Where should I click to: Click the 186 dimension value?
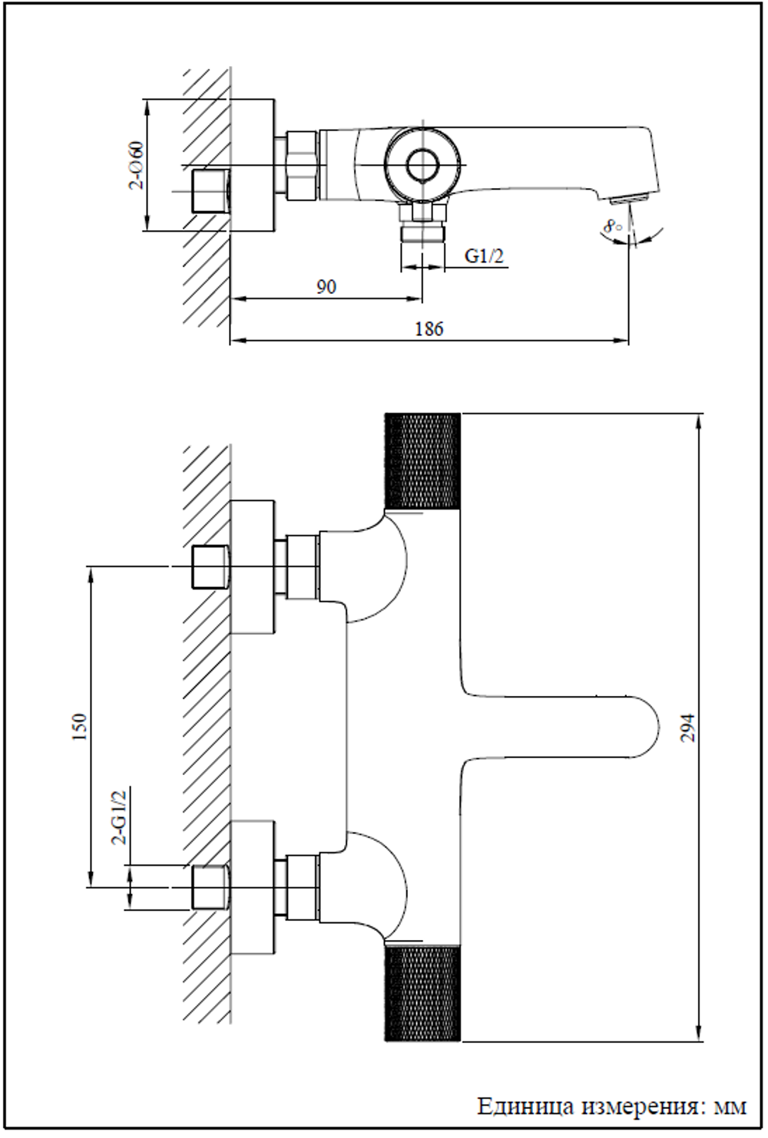[x=429, y=328]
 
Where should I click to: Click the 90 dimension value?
[x=326, y=287]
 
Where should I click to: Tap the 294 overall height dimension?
[x=688, y=727]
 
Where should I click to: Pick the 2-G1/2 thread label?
[x=119, y=817]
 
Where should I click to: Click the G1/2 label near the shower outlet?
[x=485, y=256]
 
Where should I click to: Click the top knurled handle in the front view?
[x=422, y=460]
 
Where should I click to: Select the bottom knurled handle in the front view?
[x=422, y=994]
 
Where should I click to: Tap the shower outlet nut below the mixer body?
[x=422, y=232]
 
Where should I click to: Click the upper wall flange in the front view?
[x=253, y=567]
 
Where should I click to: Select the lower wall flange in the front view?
[x=253, y=887]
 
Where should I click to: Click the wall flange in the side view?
[x=253, y=164]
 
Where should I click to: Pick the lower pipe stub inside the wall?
[x=209, y=887]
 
